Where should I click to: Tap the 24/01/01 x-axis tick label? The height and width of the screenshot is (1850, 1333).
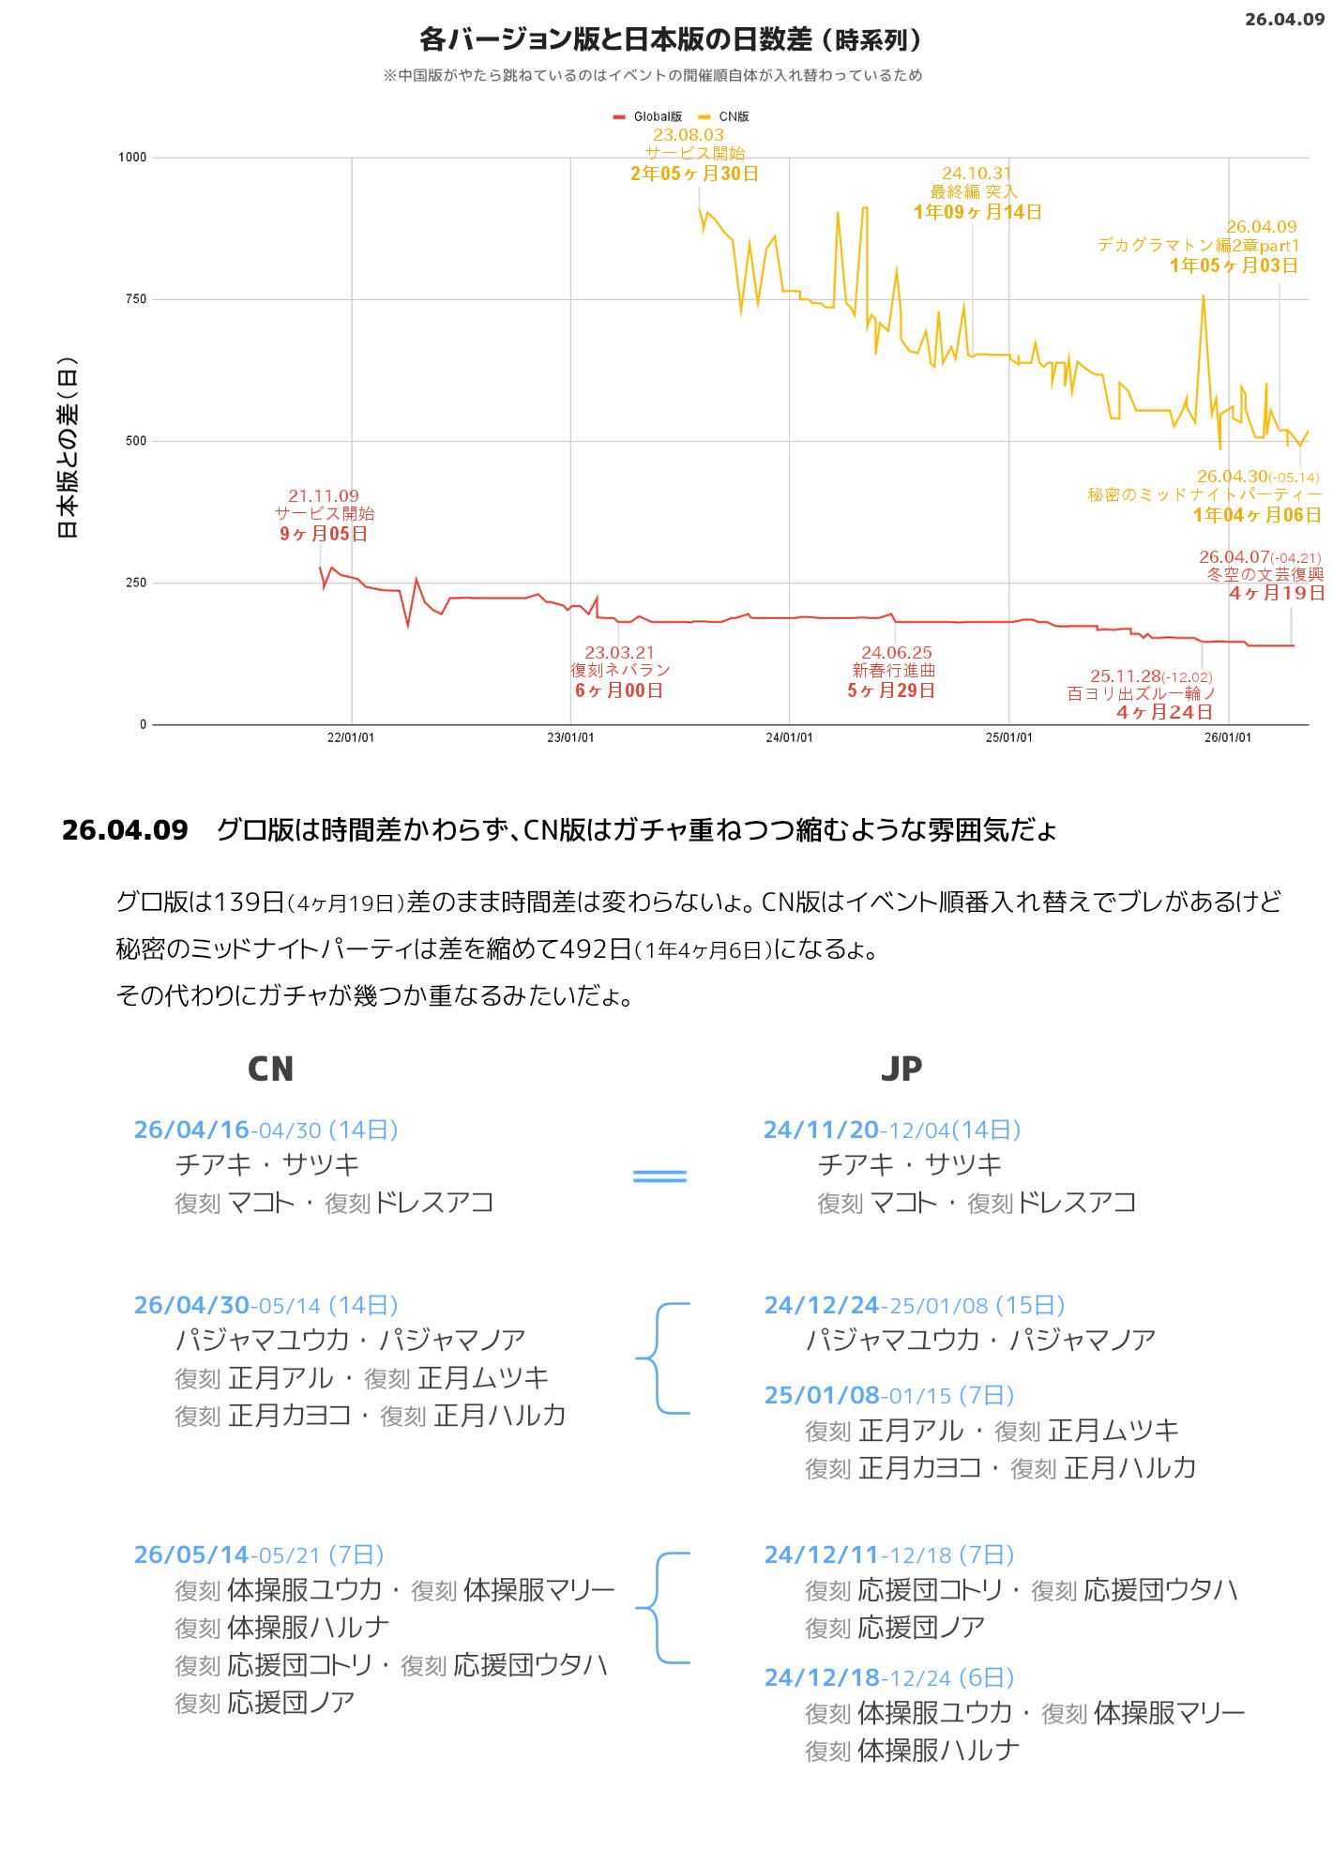(x=789, y=737)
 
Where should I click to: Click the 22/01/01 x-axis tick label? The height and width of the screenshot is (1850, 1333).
(x=351, y=737)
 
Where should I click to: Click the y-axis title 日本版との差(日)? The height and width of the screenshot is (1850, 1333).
(x=68, y=447)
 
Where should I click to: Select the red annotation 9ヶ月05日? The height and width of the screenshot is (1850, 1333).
(x=324, y=534)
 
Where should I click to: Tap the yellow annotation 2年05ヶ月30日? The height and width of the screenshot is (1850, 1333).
(x=694, y=174)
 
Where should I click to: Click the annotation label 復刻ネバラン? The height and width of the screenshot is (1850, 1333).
(x=620, y=671)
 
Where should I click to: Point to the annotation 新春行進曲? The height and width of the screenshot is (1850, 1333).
(x=893, y=671)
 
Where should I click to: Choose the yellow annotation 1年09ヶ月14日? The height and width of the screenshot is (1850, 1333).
(x=977, y=212)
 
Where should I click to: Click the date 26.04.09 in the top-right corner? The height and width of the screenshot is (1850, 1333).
(x=1284, y=19)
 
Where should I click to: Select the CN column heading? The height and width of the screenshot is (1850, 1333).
(x=270, y=1069)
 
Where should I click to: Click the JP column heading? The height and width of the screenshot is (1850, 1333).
(x=901, y=1069)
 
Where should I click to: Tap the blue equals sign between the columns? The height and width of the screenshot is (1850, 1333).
(x=660, y=1175)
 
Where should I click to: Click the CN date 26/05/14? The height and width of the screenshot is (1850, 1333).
(x=191, y=1554)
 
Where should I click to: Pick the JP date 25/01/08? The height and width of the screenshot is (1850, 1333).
(x=822, y=1395)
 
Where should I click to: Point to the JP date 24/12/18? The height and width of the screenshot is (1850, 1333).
(x=822, y=1677)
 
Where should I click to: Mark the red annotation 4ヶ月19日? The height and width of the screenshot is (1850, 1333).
(x=1277, y=593)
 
